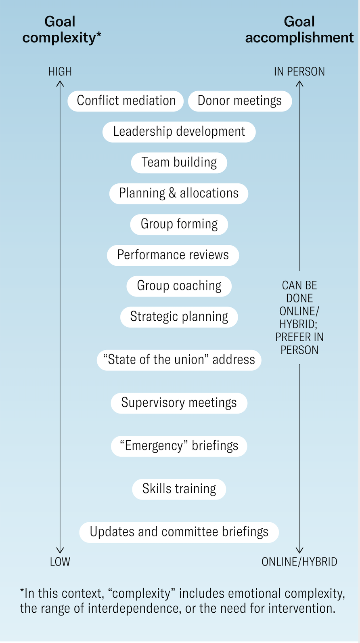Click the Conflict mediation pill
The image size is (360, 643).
(x=126, y=101)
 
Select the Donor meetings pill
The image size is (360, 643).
(x=240, y=101)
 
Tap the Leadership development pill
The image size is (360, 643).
(x=179, y=132)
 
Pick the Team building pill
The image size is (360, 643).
(x=179, y=162)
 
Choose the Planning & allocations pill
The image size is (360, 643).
(x=179, y=193)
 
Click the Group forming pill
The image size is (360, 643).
(x=179, y=224)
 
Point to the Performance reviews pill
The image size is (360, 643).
(x=173, y=255)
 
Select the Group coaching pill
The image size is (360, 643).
(x=179, y=286)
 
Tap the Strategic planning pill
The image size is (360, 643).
(x=179, y=317)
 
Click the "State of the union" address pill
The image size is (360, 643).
(x=179, y=360)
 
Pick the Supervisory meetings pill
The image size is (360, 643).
(x=179, y=403)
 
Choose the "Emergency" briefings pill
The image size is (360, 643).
(x=179, y=446)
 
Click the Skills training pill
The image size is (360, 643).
(x=179, y=489)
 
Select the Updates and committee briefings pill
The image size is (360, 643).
(x=179, y=532)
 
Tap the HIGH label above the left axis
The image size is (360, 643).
(x=60, y=71)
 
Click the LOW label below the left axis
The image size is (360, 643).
(x=60, y=562)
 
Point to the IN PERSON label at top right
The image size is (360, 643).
(x=299, y=71)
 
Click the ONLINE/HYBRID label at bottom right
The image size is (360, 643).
(x=299, y=562)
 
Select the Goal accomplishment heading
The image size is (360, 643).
(x=299, y=29)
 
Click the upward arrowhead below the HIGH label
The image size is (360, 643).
(x=60, y=84)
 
